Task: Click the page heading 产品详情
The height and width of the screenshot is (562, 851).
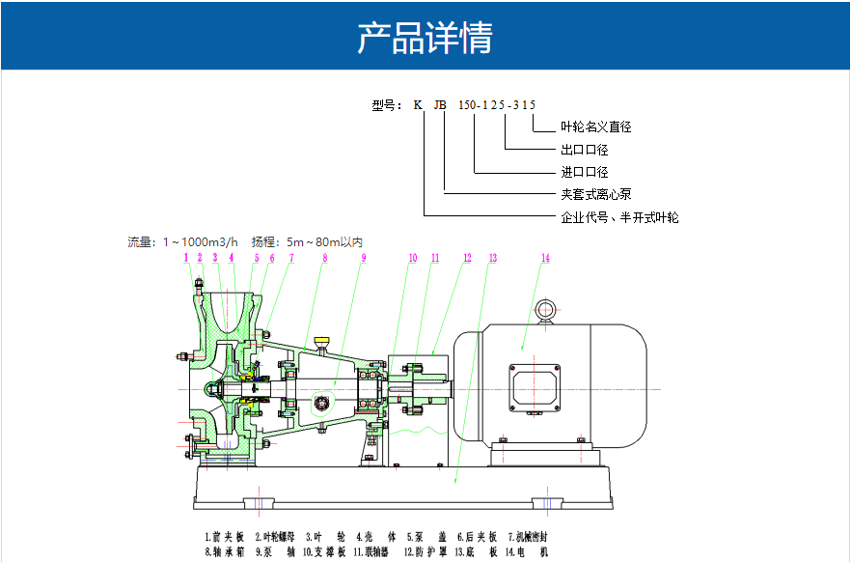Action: pyautogui.click(x=425, y=38)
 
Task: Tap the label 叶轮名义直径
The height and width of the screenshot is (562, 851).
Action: pyautogui.click(x=595, y=126)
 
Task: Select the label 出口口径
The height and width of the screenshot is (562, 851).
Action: pyautogui.click(x=585, y=150)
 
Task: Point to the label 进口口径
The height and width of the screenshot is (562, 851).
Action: pyautogui.click(x=585, y=172)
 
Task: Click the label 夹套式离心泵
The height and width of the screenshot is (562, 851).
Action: pyautogui.click(x=596, y=194)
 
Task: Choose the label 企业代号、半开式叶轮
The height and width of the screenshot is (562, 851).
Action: pyautogui.click(x=619, y=217)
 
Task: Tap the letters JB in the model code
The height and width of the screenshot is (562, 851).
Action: pyautogui.click(x=440, y=104)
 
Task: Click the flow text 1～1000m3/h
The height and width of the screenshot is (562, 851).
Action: pyautogui.click(x=200, y=241)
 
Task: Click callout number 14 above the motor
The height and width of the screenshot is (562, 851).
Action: pyautogui.click(x=545, y=258)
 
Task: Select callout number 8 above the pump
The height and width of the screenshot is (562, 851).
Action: pyautogui.click(x=325, y=258)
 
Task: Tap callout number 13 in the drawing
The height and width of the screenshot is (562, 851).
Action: pyautogui.click(x=492, y=258)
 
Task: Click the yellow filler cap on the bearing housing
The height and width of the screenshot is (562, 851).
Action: pyautogui.click(x=321, y=341)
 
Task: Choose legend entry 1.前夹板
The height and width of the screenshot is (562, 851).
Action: pyautogui.click(x=225, y=536)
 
